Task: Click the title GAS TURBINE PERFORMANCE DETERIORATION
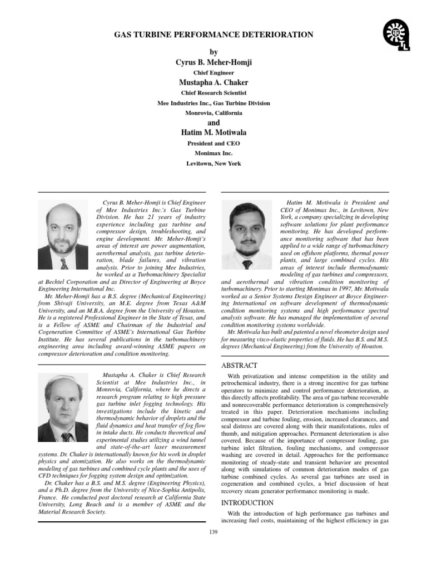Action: point(213,35)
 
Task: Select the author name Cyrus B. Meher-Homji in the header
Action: point(213,62)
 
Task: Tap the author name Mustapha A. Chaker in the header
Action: point(213,83)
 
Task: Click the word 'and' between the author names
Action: point(213,122)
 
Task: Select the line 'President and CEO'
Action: point(213,143)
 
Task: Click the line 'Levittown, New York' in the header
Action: point(213,163)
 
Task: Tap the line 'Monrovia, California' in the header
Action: point(213,113)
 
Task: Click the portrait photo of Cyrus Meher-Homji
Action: point(63,235)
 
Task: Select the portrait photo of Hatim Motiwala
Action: point(247,235)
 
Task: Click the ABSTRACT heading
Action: point(239,365)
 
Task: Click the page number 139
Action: point(213,532)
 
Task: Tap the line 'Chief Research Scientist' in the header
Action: point(213,93)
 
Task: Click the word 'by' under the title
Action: point(213,52)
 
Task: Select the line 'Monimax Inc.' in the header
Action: point(213,153)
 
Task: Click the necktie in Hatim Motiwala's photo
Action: point(247,264)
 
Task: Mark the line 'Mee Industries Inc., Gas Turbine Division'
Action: point(213,103)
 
